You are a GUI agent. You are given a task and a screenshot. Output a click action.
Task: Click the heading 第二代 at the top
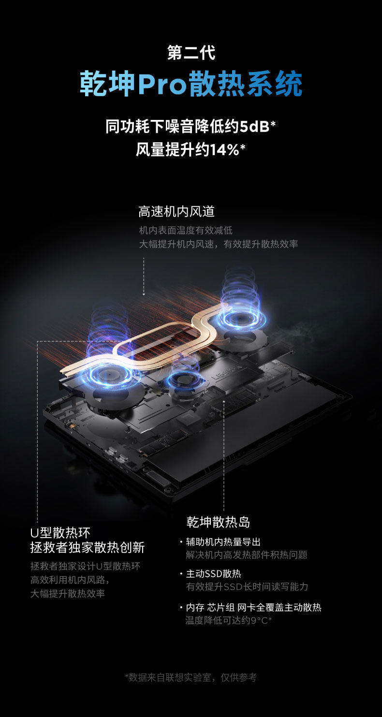tap(191, 53)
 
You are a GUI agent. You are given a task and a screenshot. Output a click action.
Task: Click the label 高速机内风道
tap(176, 211)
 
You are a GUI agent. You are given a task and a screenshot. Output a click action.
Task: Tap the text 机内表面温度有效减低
tap(186, 230)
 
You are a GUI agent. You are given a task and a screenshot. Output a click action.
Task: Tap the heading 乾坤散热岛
tap(218, 522)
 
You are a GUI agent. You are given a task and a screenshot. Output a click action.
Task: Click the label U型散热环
tap(60, 533)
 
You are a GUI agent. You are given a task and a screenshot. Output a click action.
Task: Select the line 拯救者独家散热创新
tap(87, 547)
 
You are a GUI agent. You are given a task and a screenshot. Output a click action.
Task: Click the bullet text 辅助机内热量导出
tap(223, 542)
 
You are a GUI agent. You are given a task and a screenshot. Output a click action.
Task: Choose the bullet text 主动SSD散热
tap(213, 574)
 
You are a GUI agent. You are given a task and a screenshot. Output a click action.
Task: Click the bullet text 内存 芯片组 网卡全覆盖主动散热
tap(253, 608)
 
